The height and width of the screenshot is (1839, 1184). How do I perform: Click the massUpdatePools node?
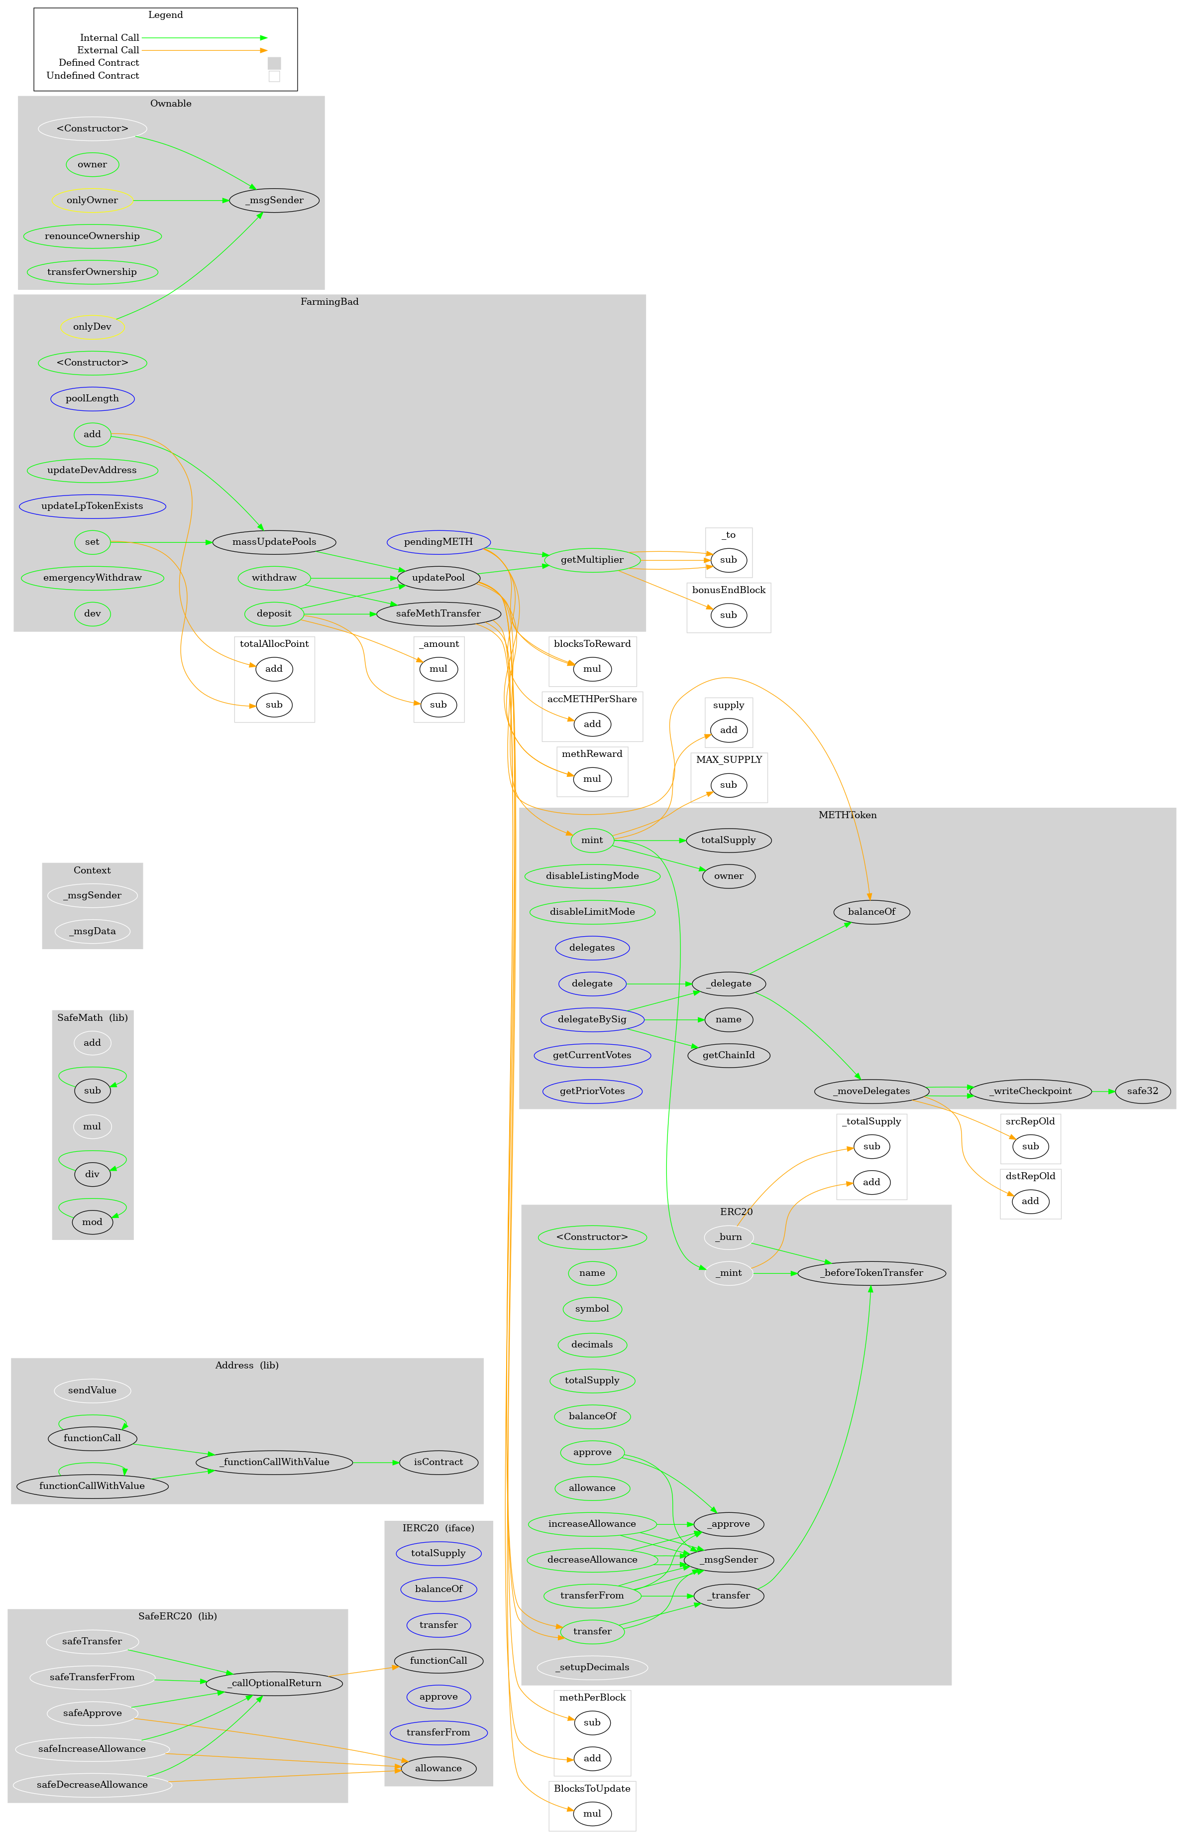(274, 541)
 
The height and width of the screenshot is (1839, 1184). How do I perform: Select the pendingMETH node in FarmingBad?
(438, 541)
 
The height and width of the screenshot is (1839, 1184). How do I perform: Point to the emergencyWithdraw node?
(92, 578)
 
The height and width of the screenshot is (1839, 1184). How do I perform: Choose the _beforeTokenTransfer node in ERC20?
(871, 1273)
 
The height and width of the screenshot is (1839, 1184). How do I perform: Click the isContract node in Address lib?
(438, 1462)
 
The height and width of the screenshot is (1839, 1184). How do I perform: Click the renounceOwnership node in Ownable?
(92, 236)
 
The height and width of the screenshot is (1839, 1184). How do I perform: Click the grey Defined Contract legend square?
(274, 63)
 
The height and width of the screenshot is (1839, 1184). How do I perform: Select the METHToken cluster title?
(847, 815)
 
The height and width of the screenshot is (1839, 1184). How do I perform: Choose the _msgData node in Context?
(92, 931)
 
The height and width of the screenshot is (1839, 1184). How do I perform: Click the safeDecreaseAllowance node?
(92, 1784)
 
